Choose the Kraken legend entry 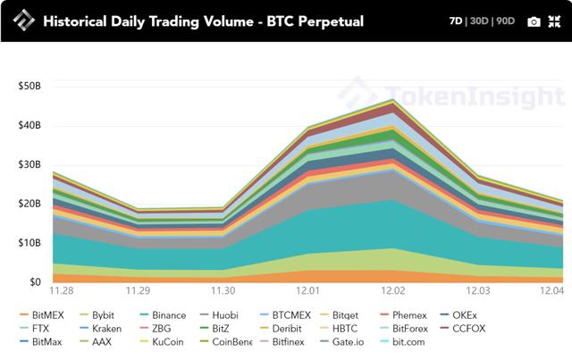(106, 328)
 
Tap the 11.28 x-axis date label (62, 291)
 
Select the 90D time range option (507, 21)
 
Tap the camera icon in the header (534, 21)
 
